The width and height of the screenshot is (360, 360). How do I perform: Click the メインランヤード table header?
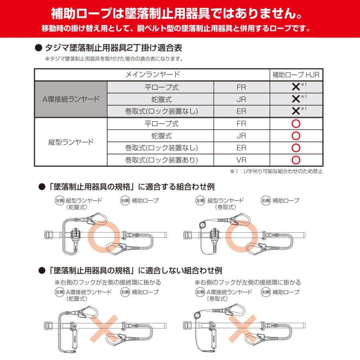click(x=152, y=74)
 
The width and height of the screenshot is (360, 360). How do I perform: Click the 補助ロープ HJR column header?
click(x=296, y=74)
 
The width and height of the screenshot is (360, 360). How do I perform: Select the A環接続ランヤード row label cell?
click(x=71, y=99)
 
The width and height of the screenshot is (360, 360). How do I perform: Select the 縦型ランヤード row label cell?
click(x=71, y=142)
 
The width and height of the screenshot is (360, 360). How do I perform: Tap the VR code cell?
click(x=241, y=160)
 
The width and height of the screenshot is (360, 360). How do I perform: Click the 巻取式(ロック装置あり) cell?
click(x=161, y=160)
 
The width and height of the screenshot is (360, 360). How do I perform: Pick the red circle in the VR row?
click(x=296, y=160)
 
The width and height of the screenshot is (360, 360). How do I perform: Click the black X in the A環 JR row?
click(x=296, y=99)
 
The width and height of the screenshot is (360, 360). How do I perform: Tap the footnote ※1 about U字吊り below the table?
click(x=276, y=171)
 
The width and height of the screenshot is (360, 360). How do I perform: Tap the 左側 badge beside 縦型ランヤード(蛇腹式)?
click(x=59, y=200)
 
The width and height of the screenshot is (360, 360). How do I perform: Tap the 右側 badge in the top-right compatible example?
click(x=266, y=200)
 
